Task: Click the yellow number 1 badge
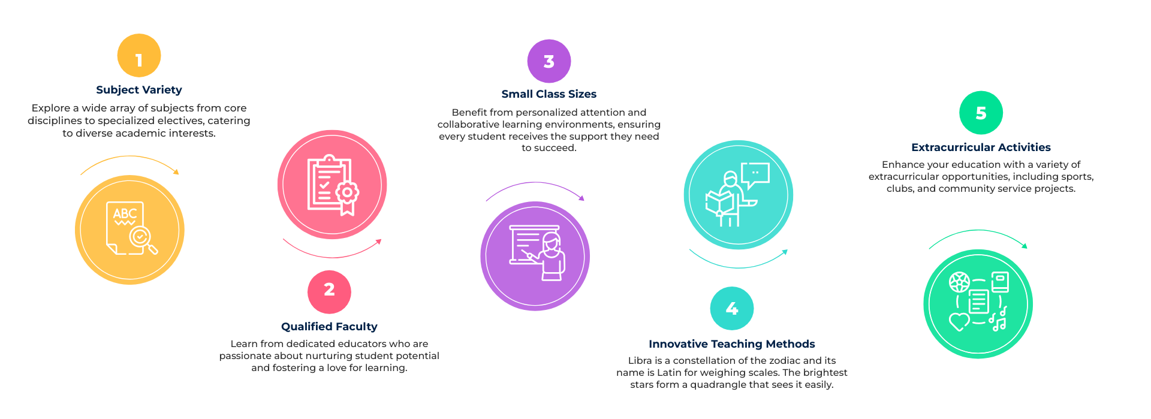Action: (139, 55)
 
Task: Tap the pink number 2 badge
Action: (329, 292)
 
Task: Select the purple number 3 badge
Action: (549, 61)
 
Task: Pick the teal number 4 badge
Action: (732, 308)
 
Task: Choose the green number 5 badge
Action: (981, 113)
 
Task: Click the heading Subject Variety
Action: (139, 90)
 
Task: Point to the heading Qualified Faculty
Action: (329, 327)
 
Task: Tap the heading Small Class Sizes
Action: (549, 94)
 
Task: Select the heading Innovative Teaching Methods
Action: (732, 344)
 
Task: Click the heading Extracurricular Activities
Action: (981, 147)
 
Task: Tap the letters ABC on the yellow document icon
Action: (125, 214)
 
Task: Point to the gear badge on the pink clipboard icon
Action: (347, 192)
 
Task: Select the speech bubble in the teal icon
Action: (755, 176)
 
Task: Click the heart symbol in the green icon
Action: (959, 322)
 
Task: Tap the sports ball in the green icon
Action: (959, 282)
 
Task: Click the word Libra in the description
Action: (640, 361)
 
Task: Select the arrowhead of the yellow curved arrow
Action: (176, 172)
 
